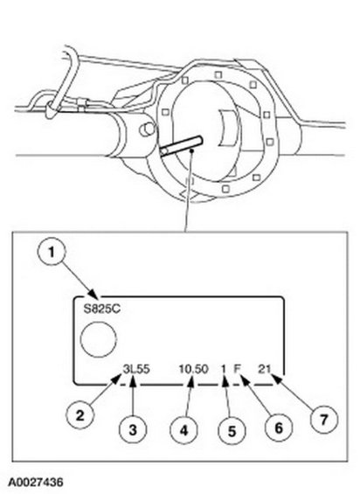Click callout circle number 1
[x=51, y=252]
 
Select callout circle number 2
[x=80, y=415]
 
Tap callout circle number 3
[x=133, y=429]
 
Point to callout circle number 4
[x=183, y=429]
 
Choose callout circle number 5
[x=232, y=431]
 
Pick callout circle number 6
[x=279, y=428]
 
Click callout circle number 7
[x=324, y=419]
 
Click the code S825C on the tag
[x=101, y=309]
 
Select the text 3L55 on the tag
[x=136, y=369]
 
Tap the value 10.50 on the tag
[x=193, y=369]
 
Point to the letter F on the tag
[x=237, y=368]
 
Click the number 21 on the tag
[x=264, y=369]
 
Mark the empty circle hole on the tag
[x=99, y=339]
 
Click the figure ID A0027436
[x=35, y=483]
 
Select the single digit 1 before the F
[x=224, y=369]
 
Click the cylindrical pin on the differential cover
[x=181, y=146]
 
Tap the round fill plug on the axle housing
[x=147, y=129]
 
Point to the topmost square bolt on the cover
[x=218, y=75]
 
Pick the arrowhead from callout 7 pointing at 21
[x=276, y=378]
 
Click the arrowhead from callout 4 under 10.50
[x=190, y=382]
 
